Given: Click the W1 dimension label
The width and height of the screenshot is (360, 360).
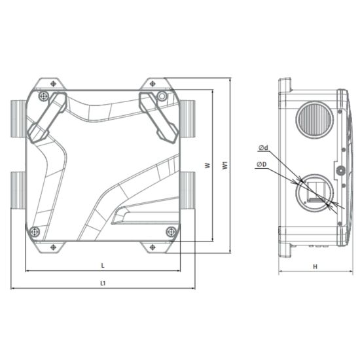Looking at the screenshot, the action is [226, 166].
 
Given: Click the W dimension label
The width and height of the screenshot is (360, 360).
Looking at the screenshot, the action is [207, 166].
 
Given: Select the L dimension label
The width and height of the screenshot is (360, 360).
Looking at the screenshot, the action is [103, 266].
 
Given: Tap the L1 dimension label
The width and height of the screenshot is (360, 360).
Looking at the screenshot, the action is [103, 283].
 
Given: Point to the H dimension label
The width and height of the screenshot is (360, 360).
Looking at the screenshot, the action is [315, 266].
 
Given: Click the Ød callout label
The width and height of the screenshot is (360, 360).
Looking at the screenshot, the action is [263, 148].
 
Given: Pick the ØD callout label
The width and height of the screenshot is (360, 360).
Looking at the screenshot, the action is [262, 164].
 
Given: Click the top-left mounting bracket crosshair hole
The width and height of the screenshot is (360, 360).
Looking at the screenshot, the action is [53, 84].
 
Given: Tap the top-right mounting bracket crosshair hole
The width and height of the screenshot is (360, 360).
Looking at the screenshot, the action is [153, 84].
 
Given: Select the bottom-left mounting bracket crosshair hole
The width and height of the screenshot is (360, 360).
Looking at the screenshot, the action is [53, 247].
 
